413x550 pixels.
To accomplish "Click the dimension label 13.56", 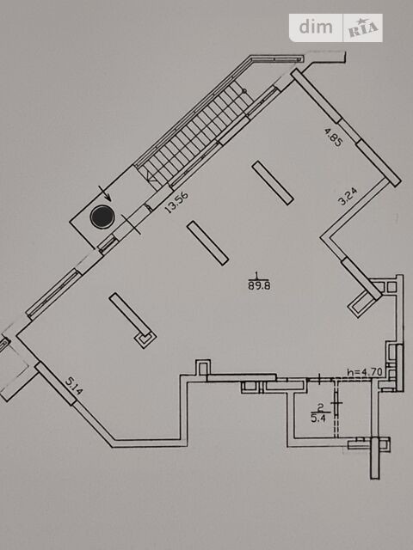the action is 176,202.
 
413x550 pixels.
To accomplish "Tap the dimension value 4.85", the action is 333,137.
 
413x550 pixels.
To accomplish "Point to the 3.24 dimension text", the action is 348,196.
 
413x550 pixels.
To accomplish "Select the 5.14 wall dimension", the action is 74,386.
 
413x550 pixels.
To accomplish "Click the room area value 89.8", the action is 259,285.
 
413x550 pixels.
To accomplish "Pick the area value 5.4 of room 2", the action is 318,419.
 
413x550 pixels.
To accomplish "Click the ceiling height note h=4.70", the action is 365,372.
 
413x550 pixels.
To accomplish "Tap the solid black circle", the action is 102,217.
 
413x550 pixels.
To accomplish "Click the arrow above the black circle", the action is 105,193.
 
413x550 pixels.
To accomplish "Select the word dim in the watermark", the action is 316,27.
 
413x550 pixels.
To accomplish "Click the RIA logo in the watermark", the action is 363,28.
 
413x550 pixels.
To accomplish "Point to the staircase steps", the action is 195,135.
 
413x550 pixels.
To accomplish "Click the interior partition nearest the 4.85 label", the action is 273,183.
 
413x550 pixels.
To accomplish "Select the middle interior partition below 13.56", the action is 208,243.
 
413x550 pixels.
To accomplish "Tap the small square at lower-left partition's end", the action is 145,339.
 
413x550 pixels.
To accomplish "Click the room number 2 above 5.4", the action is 320,407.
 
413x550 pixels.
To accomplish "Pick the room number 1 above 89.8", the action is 257,275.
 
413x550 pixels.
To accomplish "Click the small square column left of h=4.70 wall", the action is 203,369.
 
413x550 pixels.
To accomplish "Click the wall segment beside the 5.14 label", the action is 55,384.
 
